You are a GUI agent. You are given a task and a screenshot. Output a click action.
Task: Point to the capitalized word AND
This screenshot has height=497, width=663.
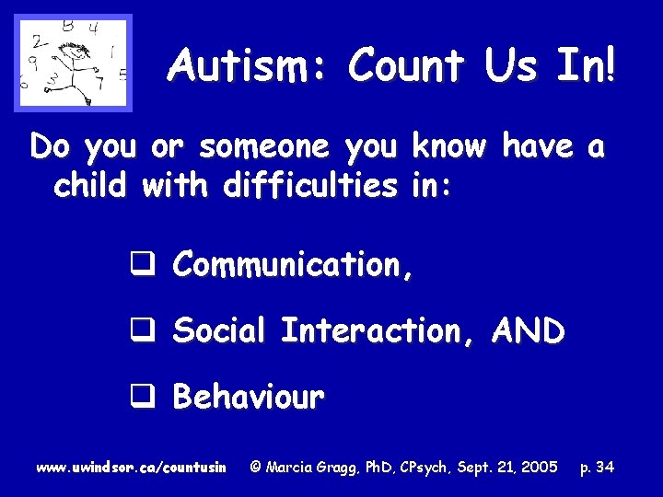528,329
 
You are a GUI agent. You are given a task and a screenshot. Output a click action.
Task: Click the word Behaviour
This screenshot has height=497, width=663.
249,397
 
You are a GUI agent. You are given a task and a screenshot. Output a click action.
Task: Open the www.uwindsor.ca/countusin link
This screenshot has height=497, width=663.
131,468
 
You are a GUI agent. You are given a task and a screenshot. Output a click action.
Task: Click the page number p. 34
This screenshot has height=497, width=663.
596,468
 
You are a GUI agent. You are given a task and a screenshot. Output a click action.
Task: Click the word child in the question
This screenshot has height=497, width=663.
93,186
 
